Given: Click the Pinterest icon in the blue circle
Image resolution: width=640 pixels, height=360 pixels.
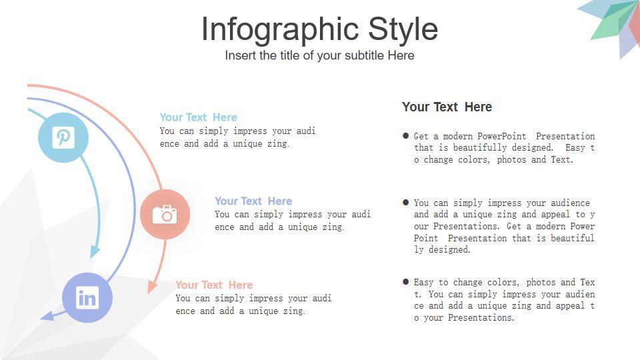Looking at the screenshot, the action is [x=63, y=137].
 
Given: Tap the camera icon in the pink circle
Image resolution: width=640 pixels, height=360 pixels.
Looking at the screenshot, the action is [x=165, y=214].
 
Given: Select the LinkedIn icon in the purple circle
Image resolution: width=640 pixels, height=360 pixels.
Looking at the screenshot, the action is [x=87, y=297].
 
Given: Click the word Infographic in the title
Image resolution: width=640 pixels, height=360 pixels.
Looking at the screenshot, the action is [x=280, y=29].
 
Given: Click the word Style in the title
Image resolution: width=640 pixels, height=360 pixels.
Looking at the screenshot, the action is [x=403, y=29].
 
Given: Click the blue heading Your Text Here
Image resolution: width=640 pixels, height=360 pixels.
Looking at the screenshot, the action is [x=199, y=117].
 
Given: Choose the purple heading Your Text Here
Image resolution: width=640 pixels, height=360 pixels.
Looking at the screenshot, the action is [x=253, y=201].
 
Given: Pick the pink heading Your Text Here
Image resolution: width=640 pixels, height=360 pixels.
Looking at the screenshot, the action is [x=214, y=285].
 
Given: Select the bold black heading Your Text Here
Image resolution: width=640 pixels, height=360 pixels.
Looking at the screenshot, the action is [x=447, y=107].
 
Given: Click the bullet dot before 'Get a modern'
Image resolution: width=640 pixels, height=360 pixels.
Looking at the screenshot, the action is [x=406, y=135].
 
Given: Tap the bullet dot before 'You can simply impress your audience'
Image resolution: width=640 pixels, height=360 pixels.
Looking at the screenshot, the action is [x=406, y=203].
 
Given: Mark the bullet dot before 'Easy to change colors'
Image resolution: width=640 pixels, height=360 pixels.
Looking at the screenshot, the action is [x=406, y=281].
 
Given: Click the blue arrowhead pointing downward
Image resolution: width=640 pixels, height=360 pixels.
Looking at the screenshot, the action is [x=95, y=252].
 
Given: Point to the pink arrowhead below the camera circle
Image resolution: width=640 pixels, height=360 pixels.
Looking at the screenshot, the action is [x=152, y=287].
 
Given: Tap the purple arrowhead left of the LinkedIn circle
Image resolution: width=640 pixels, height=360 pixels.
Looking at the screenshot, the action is [x=47, y=315].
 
